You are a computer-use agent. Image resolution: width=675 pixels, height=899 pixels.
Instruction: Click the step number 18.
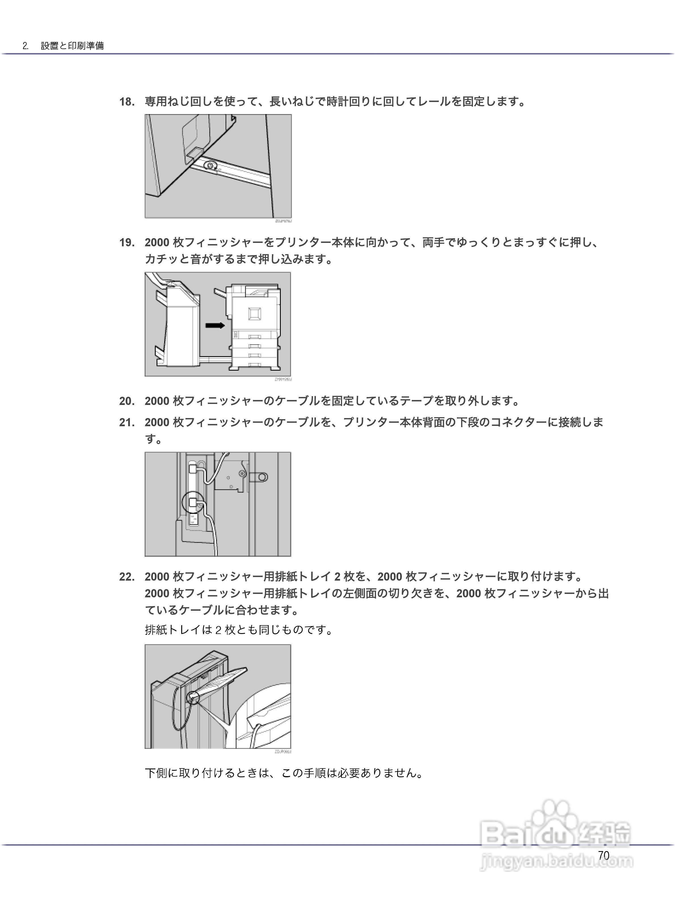point(127,102)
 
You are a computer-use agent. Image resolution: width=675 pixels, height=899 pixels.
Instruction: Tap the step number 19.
point(127,243)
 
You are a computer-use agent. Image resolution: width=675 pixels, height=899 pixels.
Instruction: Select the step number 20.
point(127,401)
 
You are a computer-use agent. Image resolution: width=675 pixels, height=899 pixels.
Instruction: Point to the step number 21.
point(127,423)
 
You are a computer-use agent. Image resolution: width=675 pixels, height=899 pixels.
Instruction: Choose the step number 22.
point(127,577)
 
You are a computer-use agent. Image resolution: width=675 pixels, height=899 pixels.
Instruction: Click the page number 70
point(604,856)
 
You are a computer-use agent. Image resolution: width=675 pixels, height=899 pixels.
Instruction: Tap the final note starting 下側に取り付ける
point(284,773)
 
